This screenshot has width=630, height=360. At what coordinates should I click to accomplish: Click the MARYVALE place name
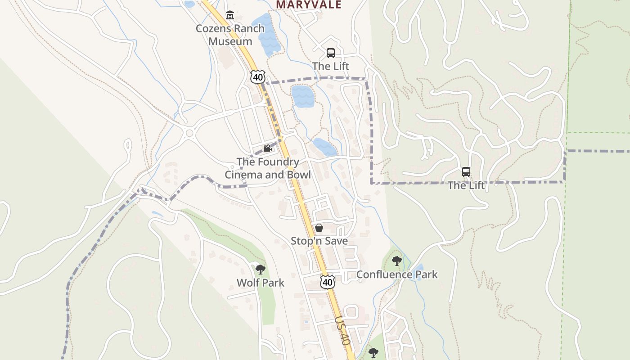(x=309, y=4)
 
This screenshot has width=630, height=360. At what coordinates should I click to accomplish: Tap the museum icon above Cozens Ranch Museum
(x=230, y=15)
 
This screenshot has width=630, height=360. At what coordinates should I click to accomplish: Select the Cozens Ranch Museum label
(x=230, y=35)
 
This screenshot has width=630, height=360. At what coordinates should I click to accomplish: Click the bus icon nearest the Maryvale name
(x=331, y=53)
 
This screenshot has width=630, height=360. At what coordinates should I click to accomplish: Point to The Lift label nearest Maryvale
(x=331, y=66)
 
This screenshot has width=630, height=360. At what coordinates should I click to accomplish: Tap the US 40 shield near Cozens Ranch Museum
(x=258, y=76)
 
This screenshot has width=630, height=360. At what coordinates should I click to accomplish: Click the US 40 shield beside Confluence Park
(x=328, y=282)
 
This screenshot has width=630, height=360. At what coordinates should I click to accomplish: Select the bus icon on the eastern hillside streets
(x=466, y=172)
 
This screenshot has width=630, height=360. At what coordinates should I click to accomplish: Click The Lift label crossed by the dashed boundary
(x=466, y=185)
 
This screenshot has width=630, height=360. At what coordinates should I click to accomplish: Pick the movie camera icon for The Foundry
(x=267, y=148)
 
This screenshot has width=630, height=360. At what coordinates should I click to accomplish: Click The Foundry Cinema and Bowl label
(x=268, y=168)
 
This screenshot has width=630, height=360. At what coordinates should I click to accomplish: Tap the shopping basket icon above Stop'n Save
(x=319, y=228)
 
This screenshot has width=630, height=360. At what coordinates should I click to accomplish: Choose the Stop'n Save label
(x=319, y=241)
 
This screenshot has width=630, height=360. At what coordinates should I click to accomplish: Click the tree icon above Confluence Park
(x=396, y=261)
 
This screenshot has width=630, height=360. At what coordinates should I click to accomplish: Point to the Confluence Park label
(x=397, y=274)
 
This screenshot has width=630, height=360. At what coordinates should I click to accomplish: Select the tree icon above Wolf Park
(x=260, y=270)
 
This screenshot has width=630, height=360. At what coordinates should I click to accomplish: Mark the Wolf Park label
(x=261, y=283)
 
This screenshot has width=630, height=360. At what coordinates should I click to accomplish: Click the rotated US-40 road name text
(x=342, y=330)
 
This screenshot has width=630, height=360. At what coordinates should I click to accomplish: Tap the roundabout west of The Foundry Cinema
(x=189, y=133)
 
